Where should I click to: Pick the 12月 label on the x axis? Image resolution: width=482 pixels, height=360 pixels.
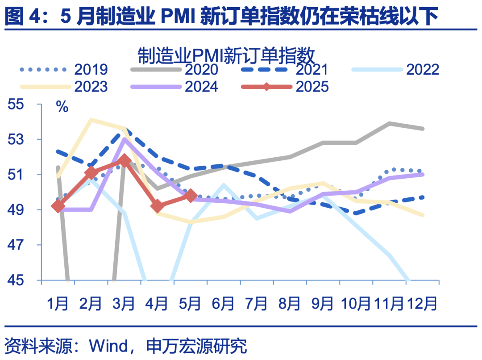(x=422, y=304)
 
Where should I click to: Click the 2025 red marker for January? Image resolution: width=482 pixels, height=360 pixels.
(x=58, y=206)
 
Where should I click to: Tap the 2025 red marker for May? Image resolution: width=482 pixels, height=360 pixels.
(x=191, y=195)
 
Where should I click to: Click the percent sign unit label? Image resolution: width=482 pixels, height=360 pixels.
(x=62, y=107)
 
